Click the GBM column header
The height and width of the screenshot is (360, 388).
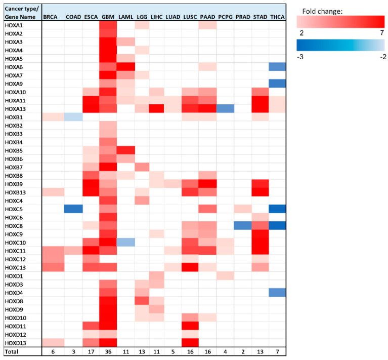coord(108,17)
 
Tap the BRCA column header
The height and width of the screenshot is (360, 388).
coord(51,17)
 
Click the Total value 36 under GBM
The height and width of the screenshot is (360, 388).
coord(108,351)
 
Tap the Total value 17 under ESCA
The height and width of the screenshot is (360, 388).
coord(91,351)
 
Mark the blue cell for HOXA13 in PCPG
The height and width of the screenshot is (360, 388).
coord(226,108)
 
